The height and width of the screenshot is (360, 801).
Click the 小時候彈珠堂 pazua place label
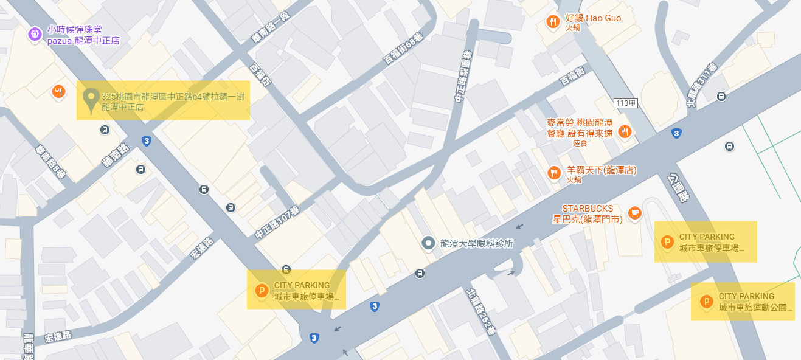[83, 35]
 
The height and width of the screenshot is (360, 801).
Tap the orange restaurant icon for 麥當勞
[624, 131]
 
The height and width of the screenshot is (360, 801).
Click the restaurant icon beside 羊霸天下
[553, 173]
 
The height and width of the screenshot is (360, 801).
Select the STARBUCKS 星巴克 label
[588, 213]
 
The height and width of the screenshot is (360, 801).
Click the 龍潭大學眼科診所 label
[477, 243]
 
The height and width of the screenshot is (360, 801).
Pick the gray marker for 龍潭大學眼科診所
[429, 243]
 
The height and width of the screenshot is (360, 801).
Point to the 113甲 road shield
[626, 103]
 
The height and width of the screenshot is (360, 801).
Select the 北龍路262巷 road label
[482, 310]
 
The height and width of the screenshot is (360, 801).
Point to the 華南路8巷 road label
[50, 161]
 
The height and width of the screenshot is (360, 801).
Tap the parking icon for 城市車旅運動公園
[707, 301]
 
